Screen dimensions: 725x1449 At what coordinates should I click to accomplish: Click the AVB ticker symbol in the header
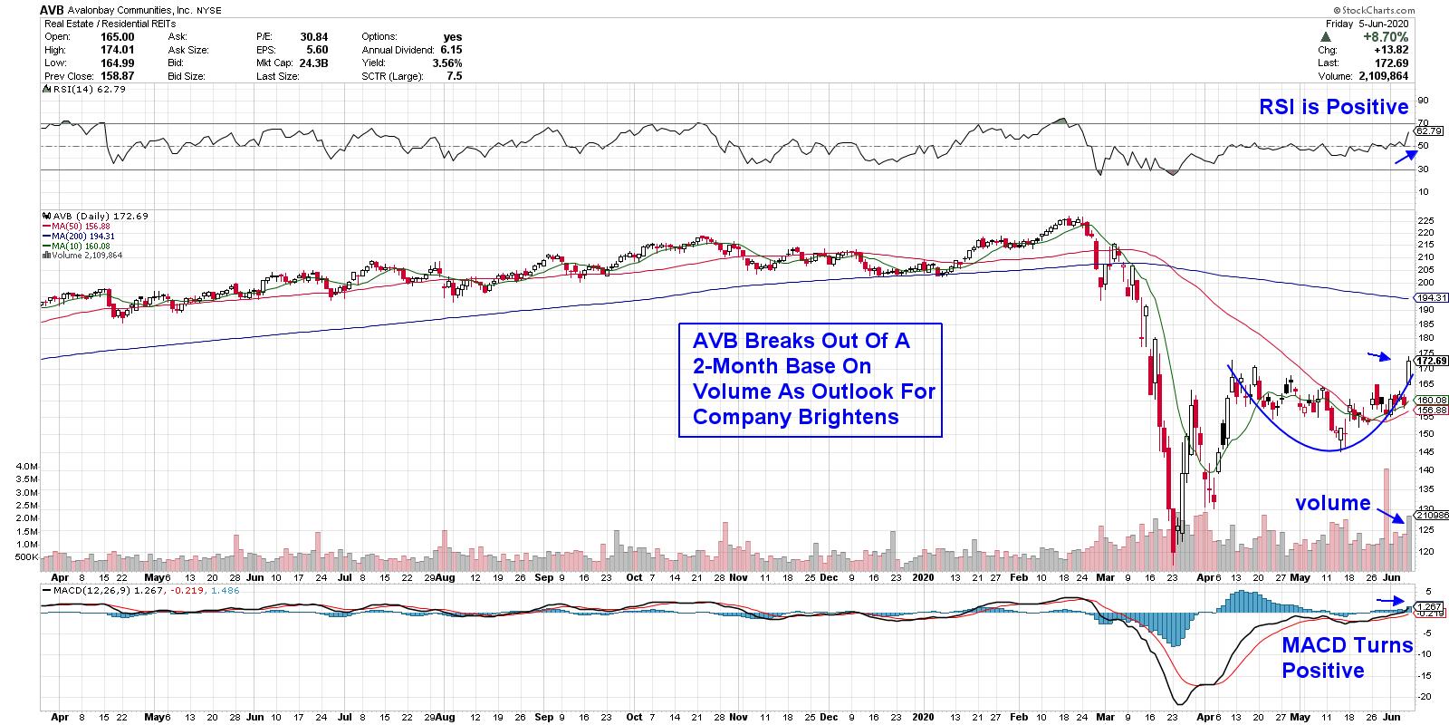point(55,9)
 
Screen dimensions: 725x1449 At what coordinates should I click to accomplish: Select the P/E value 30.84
point(313,37)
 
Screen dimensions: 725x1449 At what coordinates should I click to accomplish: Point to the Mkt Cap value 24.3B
point(312,63)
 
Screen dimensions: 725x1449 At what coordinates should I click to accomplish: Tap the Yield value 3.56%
point(446,63)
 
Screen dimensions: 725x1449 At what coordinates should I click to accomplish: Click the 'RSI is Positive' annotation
point(1334,107)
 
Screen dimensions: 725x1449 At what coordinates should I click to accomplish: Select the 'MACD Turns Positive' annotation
point(1347,658)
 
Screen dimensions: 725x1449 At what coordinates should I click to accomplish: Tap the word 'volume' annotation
point(1332,503)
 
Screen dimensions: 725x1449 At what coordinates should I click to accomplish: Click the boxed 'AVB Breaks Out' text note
point(810,379)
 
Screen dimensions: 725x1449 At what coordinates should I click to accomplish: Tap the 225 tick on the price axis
point(1424,220)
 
